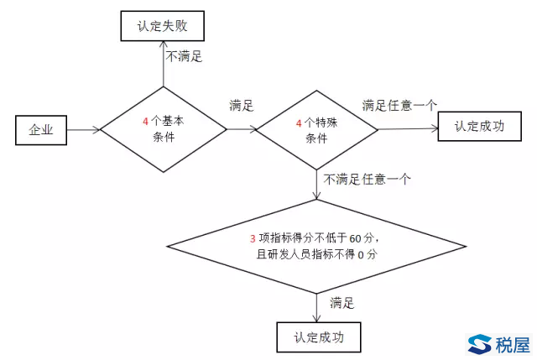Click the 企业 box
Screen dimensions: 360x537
click(x=41, y=129)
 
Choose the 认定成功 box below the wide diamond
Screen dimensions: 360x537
click(x=317, y=337)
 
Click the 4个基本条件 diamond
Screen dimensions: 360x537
click(x=164, y=129)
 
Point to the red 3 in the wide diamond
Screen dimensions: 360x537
click(x=253, y=237)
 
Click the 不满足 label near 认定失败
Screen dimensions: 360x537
click(x=185, y=58)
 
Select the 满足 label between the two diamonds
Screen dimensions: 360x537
click(x=241, y=107)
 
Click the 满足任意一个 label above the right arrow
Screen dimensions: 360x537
click(x=399, y=106)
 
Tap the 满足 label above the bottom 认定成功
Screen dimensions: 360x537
click(x=342, y=302)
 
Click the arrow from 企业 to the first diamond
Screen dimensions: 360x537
click(x=83, y=129)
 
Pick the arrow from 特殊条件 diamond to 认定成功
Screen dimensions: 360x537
click(x=407, y=128)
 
